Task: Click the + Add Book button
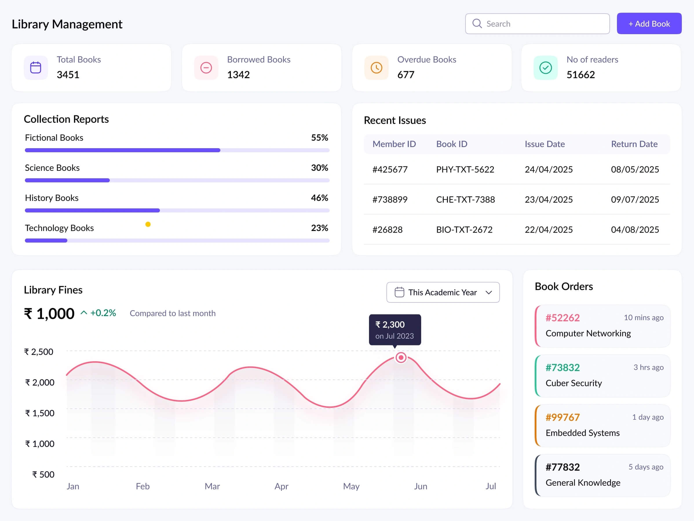649,23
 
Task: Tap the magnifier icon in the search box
477,23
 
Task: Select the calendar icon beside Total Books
36,67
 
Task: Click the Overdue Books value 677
406,75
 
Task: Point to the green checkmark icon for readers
545,67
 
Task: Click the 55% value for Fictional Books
319,137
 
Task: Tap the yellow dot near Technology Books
148,224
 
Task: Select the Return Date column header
634,144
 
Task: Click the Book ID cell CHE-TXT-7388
465,199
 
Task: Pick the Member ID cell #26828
387,230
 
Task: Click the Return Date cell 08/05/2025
635,169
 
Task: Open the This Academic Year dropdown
443,292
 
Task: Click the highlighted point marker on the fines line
401,357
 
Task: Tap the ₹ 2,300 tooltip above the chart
395,329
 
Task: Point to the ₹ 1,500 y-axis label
40,413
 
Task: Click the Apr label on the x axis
282,486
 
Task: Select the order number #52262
562,318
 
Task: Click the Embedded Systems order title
582,433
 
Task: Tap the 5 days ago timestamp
646,467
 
